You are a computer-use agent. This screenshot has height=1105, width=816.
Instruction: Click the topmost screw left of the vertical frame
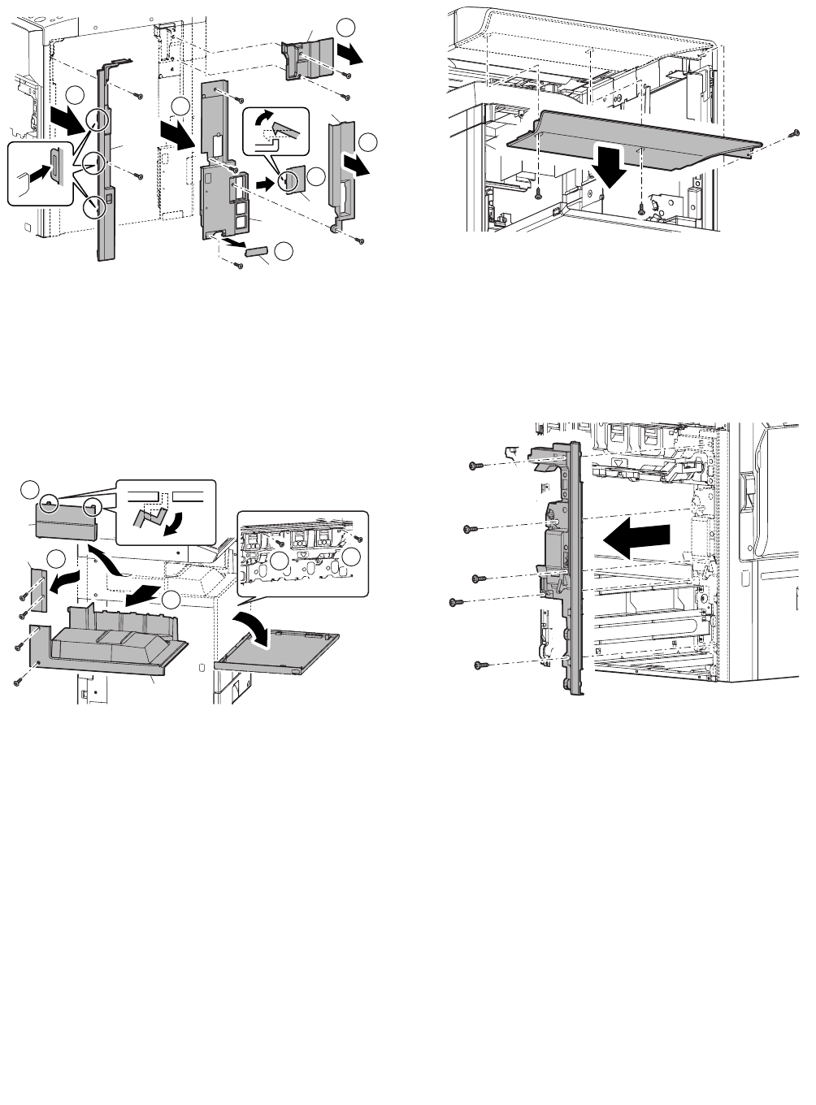click(475, 466)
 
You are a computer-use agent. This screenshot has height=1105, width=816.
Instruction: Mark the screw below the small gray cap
click(237, 266)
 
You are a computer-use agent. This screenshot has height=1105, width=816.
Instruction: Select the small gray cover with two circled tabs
click(67, 521)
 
